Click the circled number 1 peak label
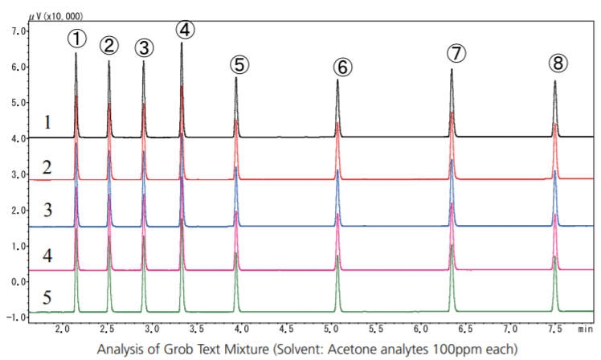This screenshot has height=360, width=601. (x=76, y=38)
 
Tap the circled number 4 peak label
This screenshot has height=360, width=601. (x=186, y=30)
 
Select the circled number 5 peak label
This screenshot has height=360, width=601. (x=239, y=64)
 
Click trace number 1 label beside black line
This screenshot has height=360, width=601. (x=47, y=123)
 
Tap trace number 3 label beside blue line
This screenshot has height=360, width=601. (x=47, y=211)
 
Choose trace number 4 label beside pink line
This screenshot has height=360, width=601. (x=47, y=256)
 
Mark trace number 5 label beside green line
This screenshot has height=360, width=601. (x=47, y=298)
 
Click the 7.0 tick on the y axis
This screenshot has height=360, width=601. (x=15, y=31)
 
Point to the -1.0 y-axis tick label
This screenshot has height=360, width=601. (x=14, y=317)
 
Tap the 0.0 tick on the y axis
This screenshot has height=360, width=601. (x=15, y=282)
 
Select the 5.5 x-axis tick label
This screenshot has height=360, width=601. (x=374, y=329)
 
